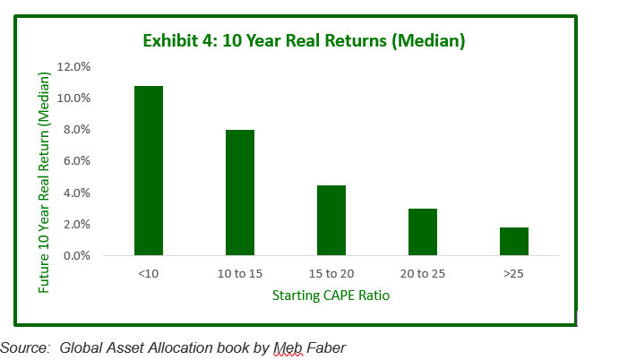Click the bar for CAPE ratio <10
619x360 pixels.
(x=149, y=170)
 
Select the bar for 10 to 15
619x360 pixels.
(x=240, y=193)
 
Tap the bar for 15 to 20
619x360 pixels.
(x=331, y=220)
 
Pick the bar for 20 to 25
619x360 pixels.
(x=423, y=232)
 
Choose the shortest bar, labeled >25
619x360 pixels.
(x=514, y=241)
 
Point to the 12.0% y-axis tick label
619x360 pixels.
(x=73, y=66)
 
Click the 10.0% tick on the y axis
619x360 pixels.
(x=73, y=98)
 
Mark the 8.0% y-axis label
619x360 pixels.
(x=77, y=130)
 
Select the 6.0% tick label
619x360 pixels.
(x=77, y=160)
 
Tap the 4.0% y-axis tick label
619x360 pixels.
(x=77, y=193)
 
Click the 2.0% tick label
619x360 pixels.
(x=77, y=224)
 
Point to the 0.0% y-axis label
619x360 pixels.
(x=77, y=256)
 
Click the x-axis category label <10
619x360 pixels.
(x=149, y=273)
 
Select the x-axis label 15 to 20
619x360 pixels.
(x=331, y=273)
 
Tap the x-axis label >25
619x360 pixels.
(x=513, y=273)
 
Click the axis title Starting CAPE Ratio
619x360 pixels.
(x=331, y=296)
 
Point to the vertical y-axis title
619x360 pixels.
(x=44, y=183)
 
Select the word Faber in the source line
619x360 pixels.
(x=326, y=347)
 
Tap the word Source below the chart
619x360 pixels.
(x=25, y=347)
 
